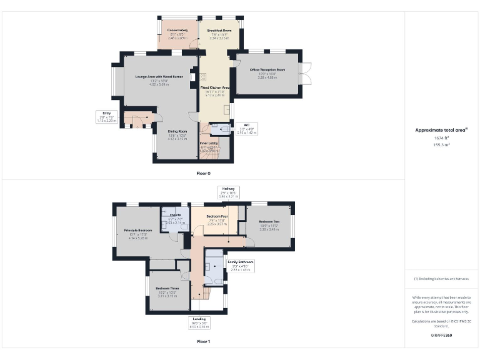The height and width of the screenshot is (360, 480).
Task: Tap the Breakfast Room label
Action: [219, 30]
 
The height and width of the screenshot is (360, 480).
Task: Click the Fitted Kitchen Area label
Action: [215, 87]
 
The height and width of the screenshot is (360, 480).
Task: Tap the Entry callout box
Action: [106, 116]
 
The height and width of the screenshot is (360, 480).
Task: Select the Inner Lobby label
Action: [209, 143]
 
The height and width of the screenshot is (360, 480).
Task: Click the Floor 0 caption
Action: [204, 172]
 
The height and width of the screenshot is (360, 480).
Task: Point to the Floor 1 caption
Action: [204, 341]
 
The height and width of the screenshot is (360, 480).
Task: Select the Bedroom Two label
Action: [269, 222]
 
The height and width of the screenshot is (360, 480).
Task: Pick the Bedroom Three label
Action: [167, 288]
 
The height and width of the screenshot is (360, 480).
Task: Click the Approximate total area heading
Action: [441, 130]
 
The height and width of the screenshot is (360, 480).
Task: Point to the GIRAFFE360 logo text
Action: [441, 336]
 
